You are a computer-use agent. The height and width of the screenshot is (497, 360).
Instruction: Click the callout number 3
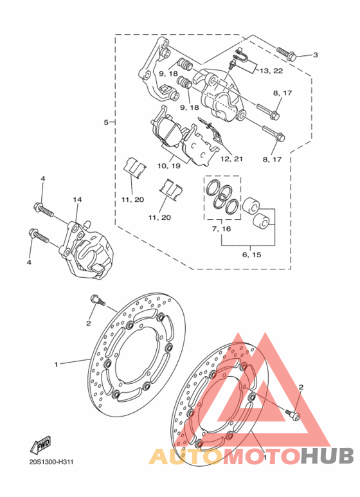(x=315, y=55)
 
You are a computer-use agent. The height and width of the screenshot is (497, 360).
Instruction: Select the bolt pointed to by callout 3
(x=287, y=54)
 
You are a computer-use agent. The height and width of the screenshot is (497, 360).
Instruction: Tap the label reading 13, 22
(x=271, y=71)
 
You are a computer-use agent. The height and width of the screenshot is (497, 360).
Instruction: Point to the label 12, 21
(x=231, y=159)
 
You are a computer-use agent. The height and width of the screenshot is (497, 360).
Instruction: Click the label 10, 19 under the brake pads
(x=168, y=165)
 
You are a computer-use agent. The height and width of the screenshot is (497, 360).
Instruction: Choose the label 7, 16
(x=222, y=228)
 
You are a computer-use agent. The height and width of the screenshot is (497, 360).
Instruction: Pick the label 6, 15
(x=252, y=254)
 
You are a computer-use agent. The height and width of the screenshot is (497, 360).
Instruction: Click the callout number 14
(x=77, y=199)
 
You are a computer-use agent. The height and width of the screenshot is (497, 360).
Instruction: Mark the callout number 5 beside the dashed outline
(x=106, y=122)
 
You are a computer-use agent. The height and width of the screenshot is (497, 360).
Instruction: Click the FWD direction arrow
(x=40, y=445)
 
